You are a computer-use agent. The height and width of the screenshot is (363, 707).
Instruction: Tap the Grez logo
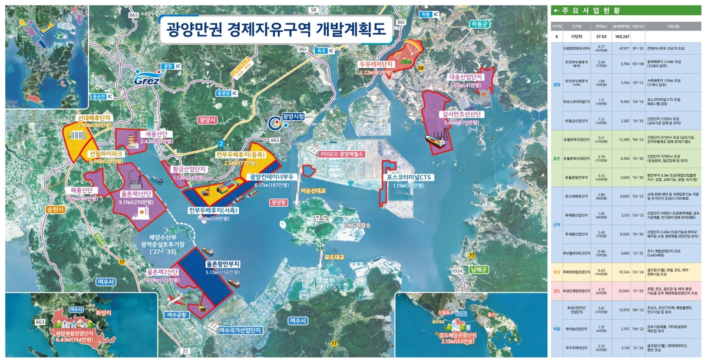point(143,80)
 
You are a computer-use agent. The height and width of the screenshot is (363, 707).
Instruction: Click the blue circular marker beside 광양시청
point(275,122)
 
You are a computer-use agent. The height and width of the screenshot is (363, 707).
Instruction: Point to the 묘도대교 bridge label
point(333,257)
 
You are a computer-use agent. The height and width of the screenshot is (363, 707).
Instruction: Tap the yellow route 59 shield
point(421,70)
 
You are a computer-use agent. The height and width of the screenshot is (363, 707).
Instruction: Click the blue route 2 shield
point(220,143)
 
